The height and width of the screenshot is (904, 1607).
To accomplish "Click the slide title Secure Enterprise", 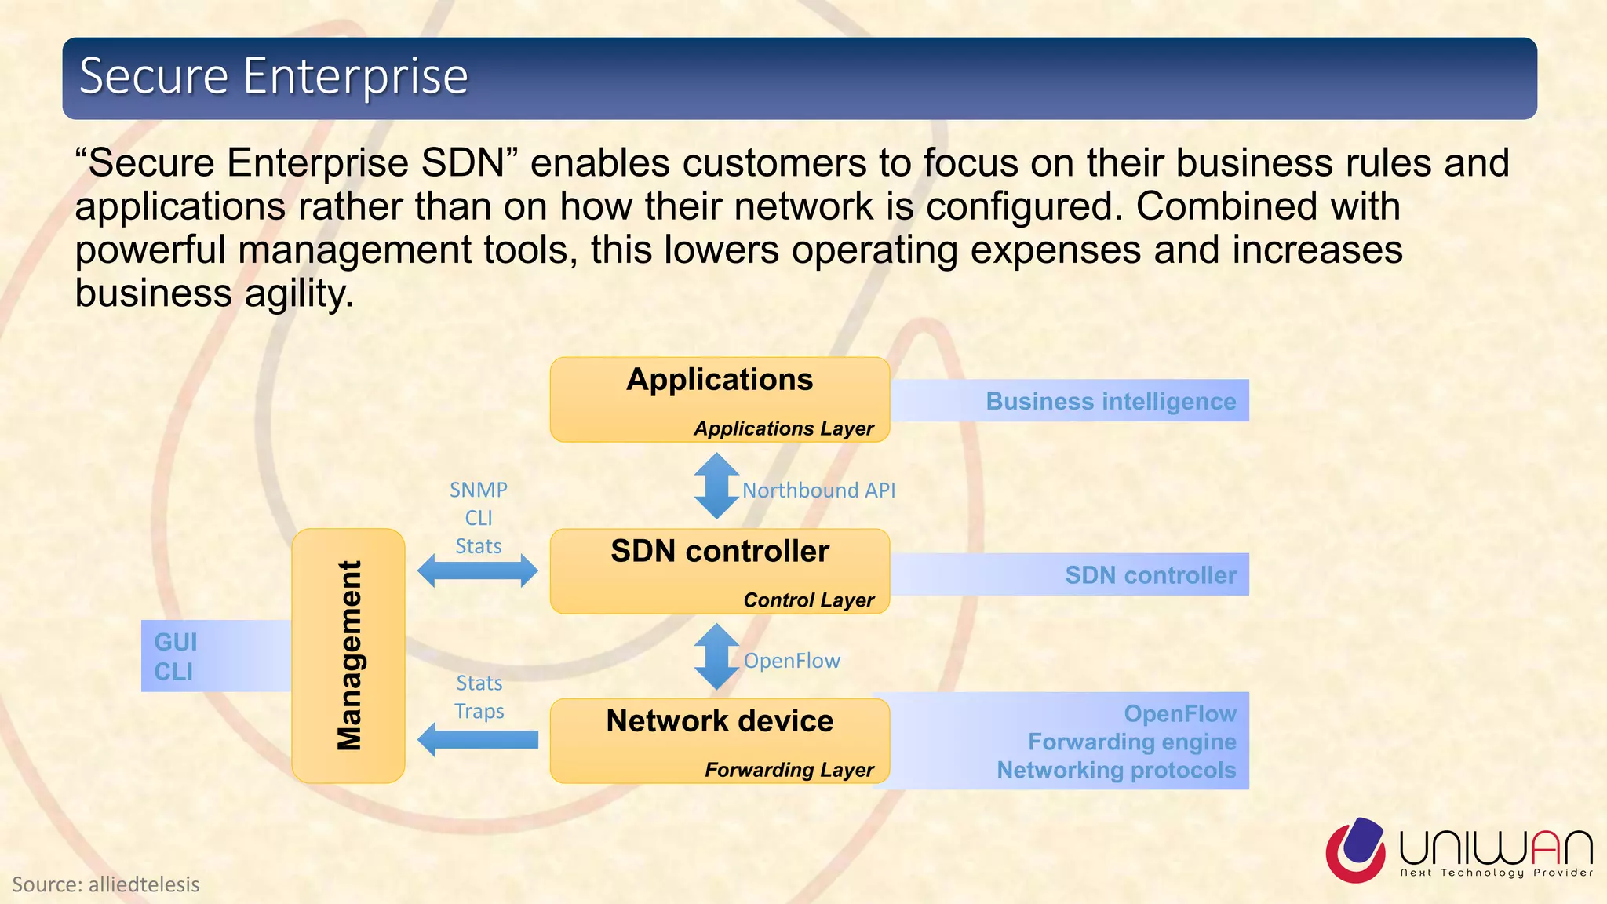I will (273, 76).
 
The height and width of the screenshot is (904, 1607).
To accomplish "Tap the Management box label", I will (349, 656).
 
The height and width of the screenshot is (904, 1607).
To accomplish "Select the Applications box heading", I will (720, 380).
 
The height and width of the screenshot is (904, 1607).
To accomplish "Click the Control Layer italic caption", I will (808, 600).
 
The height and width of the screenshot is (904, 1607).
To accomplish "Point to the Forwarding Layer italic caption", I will (789, 770).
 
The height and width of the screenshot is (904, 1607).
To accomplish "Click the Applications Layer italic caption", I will (783, 428).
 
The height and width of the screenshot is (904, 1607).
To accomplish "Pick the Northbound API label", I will (818, 490).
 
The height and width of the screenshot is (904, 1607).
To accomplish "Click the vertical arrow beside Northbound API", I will (716, 487).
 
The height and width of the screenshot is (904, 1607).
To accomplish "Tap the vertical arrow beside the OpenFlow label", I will (716, 657).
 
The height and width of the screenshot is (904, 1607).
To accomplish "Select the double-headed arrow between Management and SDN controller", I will (477, 570).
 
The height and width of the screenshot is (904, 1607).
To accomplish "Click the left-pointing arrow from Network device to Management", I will (477, 739).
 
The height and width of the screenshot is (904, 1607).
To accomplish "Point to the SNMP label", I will (479, 490).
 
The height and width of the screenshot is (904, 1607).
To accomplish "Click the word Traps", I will (479, 712).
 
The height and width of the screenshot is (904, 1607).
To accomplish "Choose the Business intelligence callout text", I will (1110, 402).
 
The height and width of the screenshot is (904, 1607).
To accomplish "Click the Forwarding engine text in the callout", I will (1131, 742).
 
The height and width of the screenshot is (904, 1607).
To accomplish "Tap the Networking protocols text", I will (1116, 770).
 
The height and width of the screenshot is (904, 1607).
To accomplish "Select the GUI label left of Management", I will (176, 642).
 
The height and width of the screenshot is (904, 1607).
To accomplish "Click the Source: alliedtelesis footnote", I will (106, 884).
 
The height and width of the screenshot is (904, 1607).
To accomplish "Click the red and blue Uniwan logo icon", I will (1356, 850).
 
